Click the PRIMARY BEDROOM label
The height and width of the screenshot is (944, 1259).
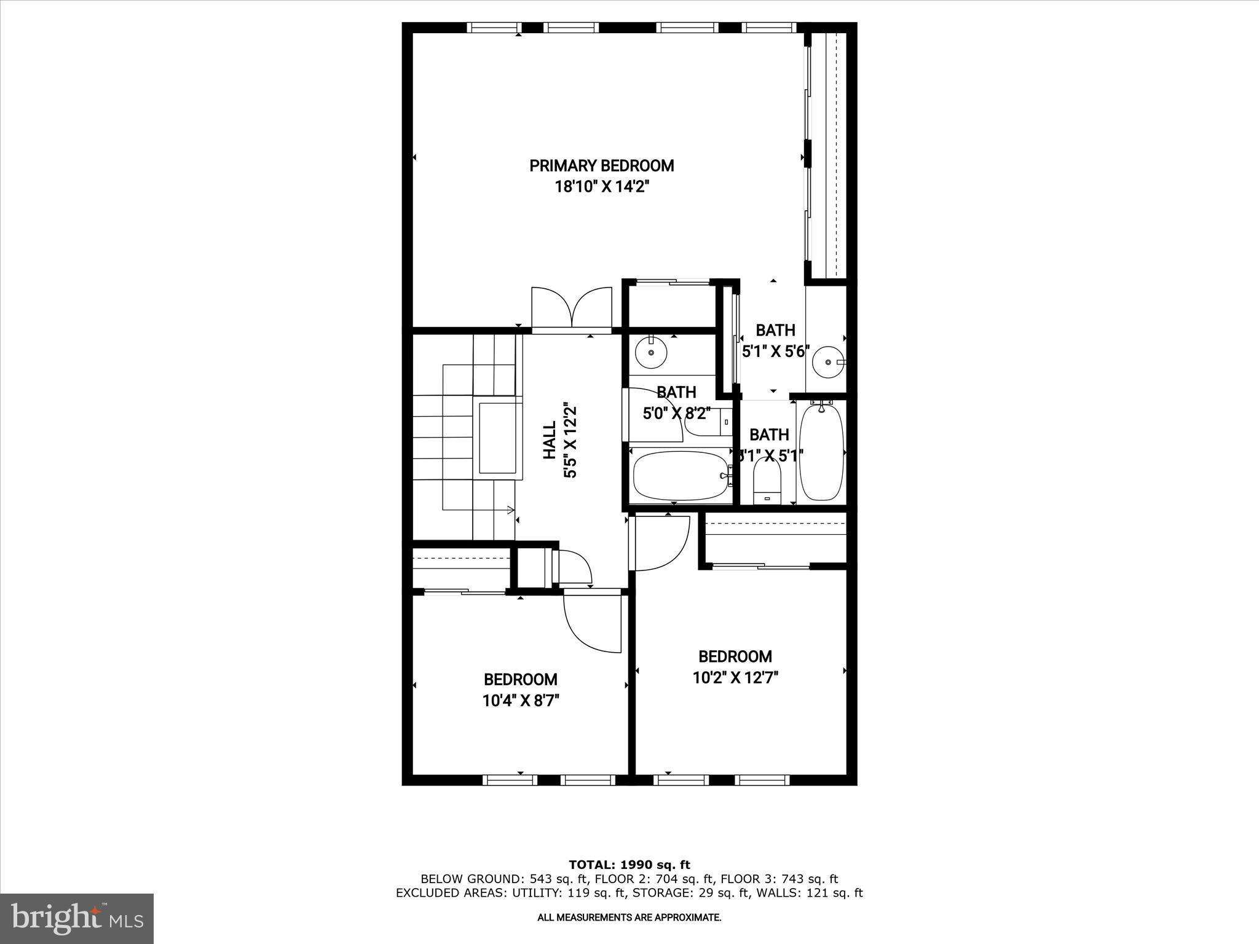click(601, 165)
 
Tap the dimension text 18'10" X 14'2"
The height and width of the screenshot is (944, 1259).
click(602, 187)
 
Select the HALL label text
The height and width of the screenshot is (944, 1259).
click(550, 440)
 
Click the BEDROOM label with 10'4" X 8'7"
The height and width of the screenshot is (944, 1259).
click(520, 679)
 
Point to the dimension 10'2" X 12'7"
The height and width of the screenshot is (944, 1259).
click(735, 678)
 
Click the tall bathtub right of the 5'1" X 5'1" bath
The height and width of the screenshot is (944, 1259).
click(822, 452)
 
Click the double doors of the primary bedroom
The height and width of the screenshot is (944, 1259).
click(572, 307)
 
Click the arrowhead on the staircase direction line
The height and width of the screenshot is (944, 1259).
click(510, 509)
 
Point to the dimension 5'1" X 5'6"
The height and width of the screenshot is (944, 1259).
click(773, 352)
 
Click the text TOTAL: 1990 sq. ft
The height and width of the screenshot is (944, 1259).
click(629, 865)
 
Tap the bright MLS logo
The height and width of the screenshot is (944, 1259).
click(77, 918)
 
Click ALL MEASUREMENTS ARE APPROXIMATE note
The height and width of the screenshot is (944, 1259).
click(629, 918)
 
